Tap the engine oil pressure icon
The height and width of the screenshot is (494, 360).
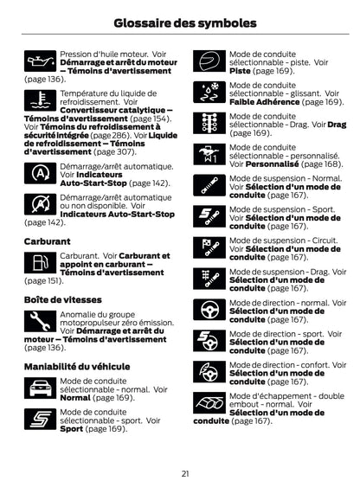(39, 63)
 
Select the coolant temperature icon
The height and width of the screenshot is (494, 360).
(39, 99)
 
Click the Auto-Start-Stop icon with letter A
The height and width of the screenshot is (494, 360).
(39, 174)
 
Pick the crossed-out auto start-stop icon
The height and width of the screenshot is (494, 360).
(39, 206)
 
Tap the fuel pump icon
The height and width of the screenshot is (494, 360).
(39, 264)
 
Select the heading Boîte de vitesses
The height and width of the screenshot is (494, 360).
(63, 299)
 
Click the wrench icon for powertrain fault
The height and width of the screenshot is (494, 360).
(39, 323)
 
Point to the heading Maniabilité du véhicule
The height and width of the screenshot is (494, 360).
(77, 366)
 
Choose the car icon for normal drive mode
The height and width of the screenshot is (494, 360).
(39, 390)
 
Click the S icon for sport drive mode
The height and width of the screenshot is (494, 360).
(39, 421)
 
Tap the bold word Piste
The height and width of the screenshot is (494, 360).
(240, 70)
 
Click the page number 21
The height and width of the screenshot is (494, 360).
(185, 472)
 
